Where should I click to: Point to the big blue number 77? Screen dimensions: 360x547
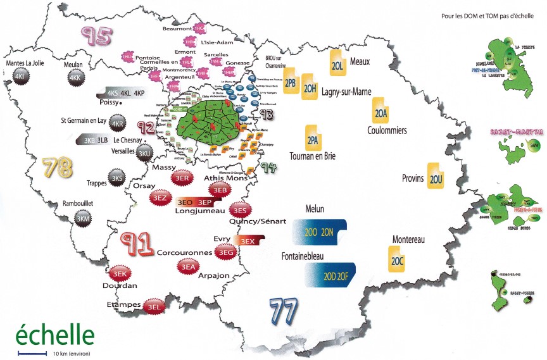(x=284, y=311)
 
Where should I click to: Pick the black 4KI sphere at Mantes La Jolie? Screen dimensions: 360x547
(x=20, y=77)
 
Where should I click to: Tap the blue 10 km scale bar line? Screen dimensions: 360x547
(x=32, y=352)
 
